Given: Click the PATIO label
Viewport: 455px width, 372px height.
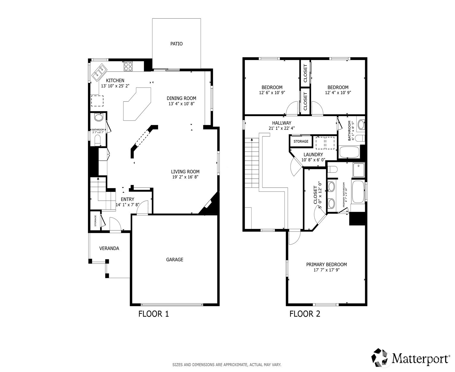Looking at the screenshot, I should [176, 44].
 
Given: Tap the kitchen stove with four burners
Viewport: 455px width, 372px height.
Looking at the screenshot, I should [128, 66].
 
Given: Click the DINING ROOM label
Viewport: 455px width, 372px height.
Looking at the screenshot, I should [181, 98].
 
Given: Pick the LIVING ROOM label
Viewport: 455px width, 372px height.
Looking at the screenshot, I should [185, 172].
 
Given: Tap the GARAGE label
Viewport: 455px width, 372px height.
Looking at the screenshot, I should [175, 260].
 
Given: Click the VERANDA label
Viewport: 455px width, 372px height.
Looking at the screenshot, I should [109, 248].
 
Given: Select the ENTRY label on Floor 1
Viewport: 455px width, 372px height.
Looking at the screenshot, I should [127, 199].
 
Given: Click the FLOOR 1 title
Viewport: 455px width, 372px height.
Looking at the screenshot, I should [153, 314].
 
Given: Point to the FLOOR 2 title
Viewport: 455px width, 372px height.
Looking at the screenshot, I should [305, 314].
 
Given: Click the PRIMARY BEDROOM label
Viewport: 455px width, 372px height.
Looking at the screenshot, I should [327, 265].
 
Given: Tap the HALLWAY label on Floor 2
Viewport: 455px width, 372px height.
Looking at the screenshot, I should [282, 123].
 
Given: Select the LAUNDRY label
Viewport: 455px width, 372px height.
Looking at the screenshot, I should [313, 155].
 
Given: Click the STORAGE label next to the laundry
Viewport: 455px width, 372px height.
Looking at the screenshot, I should [301, 141].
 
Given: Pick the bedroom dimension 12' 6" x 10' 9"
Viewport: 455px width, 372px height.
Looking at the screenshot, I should [272, 93].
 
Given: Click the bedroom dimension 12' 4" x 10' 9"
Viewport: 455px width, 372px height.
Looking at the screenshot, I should [338, 93].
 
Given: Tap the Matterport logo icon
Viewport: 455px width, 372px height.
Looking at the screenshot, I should [381, 358].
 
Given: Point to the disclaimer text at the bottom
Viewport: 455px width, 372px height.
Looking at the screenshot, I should [227, 365].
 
